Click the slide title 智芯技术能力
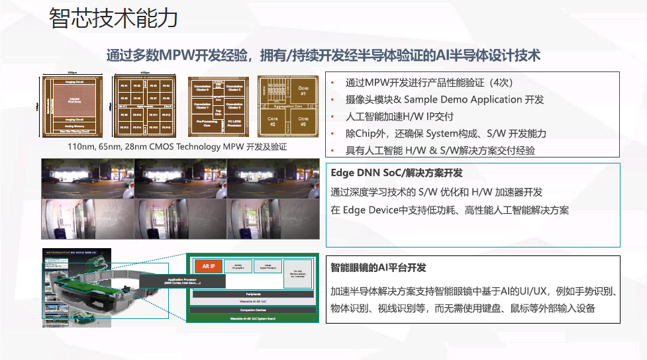tap(113, 18)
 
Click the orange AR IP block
tap(208, 266)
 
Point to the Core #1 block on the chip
tap(304, 89)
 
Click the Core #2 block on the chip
tap(272, 122)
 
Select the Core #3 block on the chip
tap(303, 122)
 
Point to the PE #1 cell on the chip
tap(124, 86)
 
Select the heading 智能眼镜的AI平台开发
tap(378, 268)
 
